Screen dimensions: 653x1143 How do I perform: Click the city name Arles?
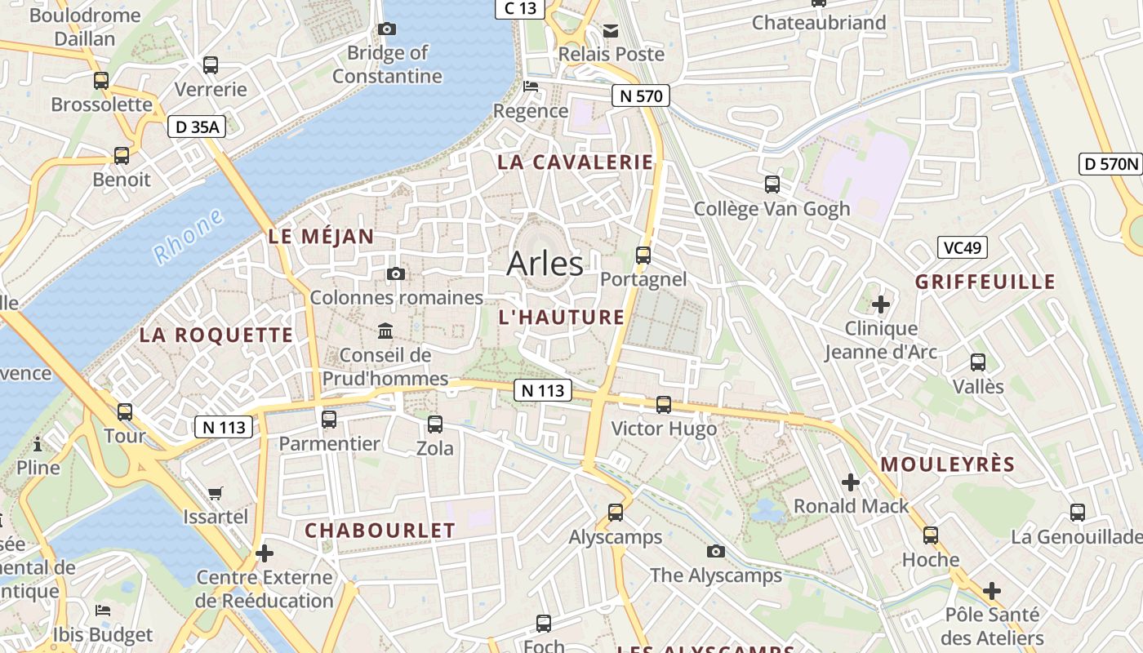pos(545,264)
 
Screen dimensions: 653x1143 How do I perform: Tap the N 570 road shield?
pos(641,96)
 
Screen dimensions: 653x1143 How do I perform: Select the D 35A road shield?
pos(197,127)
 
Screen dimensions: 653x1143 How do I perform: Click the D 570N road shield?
pos(1110,163)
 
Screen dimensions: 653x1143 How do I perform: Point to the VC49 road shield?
pos(963,247)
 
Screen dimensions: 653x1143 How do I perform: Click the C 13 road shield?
pos(520,8)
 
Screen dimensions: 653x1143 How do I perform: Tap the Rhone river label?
pos(189,236)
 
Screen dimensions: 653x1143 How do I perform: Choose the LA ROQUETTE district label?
pos(216,335)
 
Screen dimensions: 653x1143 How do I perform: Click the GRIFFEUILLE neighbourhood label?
pos(985,282)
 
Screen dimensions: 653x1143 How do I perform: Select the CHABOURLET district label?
pos(380,531)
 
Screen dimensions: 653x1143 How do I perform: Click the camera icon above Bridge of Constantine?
pos(387,29)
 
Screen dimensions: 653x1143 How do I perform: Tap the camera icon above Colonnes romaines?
pos(396,273)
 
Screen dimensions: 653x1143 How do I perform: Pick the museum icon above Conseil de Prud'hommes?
pos(385,331)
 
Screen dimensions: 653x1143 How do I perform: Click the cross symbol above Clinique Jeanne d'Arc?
pos(881,304)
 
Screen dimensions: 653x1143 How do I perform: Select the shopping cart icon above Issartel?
pos(215,493)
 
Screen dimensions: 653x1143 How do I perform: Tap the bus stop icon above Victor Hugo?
pos(664,404)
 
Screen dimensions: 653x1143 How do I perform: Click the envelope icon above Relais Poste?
pos(611,31)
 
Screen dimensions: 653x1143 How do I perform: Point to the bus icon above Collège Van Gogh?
pos(772,184)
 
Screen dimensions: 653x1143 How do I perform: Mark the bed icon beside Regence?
pos(531,87)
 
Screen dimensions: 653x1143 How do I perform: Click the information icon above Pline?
pos(38,445)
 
